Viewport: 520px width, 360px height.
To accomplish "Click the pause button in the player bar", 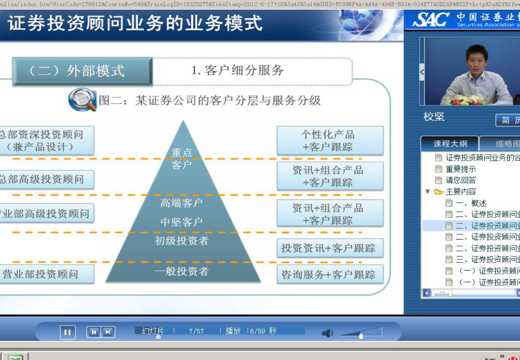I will tap(67, 332).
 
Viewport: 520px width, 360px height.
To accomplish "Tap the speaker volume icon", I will tap(327, 333).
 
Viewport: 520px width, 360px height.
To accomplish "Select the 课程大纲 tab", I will tap(450, 144).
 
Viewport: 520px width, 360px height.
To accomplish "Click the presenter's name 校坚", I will tap(434, 117).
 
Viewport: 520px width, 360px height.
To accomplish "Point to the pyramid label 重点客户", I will tap(181, 159).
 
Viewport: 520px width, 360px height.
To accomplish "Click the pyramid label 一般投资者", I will tap(181, 272).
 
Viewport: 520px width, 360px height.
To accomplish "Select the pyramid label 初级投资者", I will tap(181, 241).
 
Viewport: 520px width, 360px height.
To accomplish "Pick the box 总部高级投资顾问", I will tap(44, 179).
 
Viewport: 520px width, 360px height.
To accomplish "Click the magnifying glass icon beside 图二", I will tap(83, 100).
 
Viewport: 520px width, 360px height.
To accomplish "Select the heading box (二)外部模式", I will tap(82, 71).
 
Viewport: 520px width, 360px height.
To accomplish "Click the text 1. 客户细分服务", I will tap(237, 71).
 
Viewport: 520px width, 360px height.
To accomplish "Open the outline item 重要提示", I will tap(460, 169).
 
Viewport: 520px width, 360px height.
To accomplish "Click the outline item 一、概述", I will tap(471, 203).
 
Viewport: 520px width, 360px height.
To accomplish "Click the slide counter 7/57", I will tap(196, 331).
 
